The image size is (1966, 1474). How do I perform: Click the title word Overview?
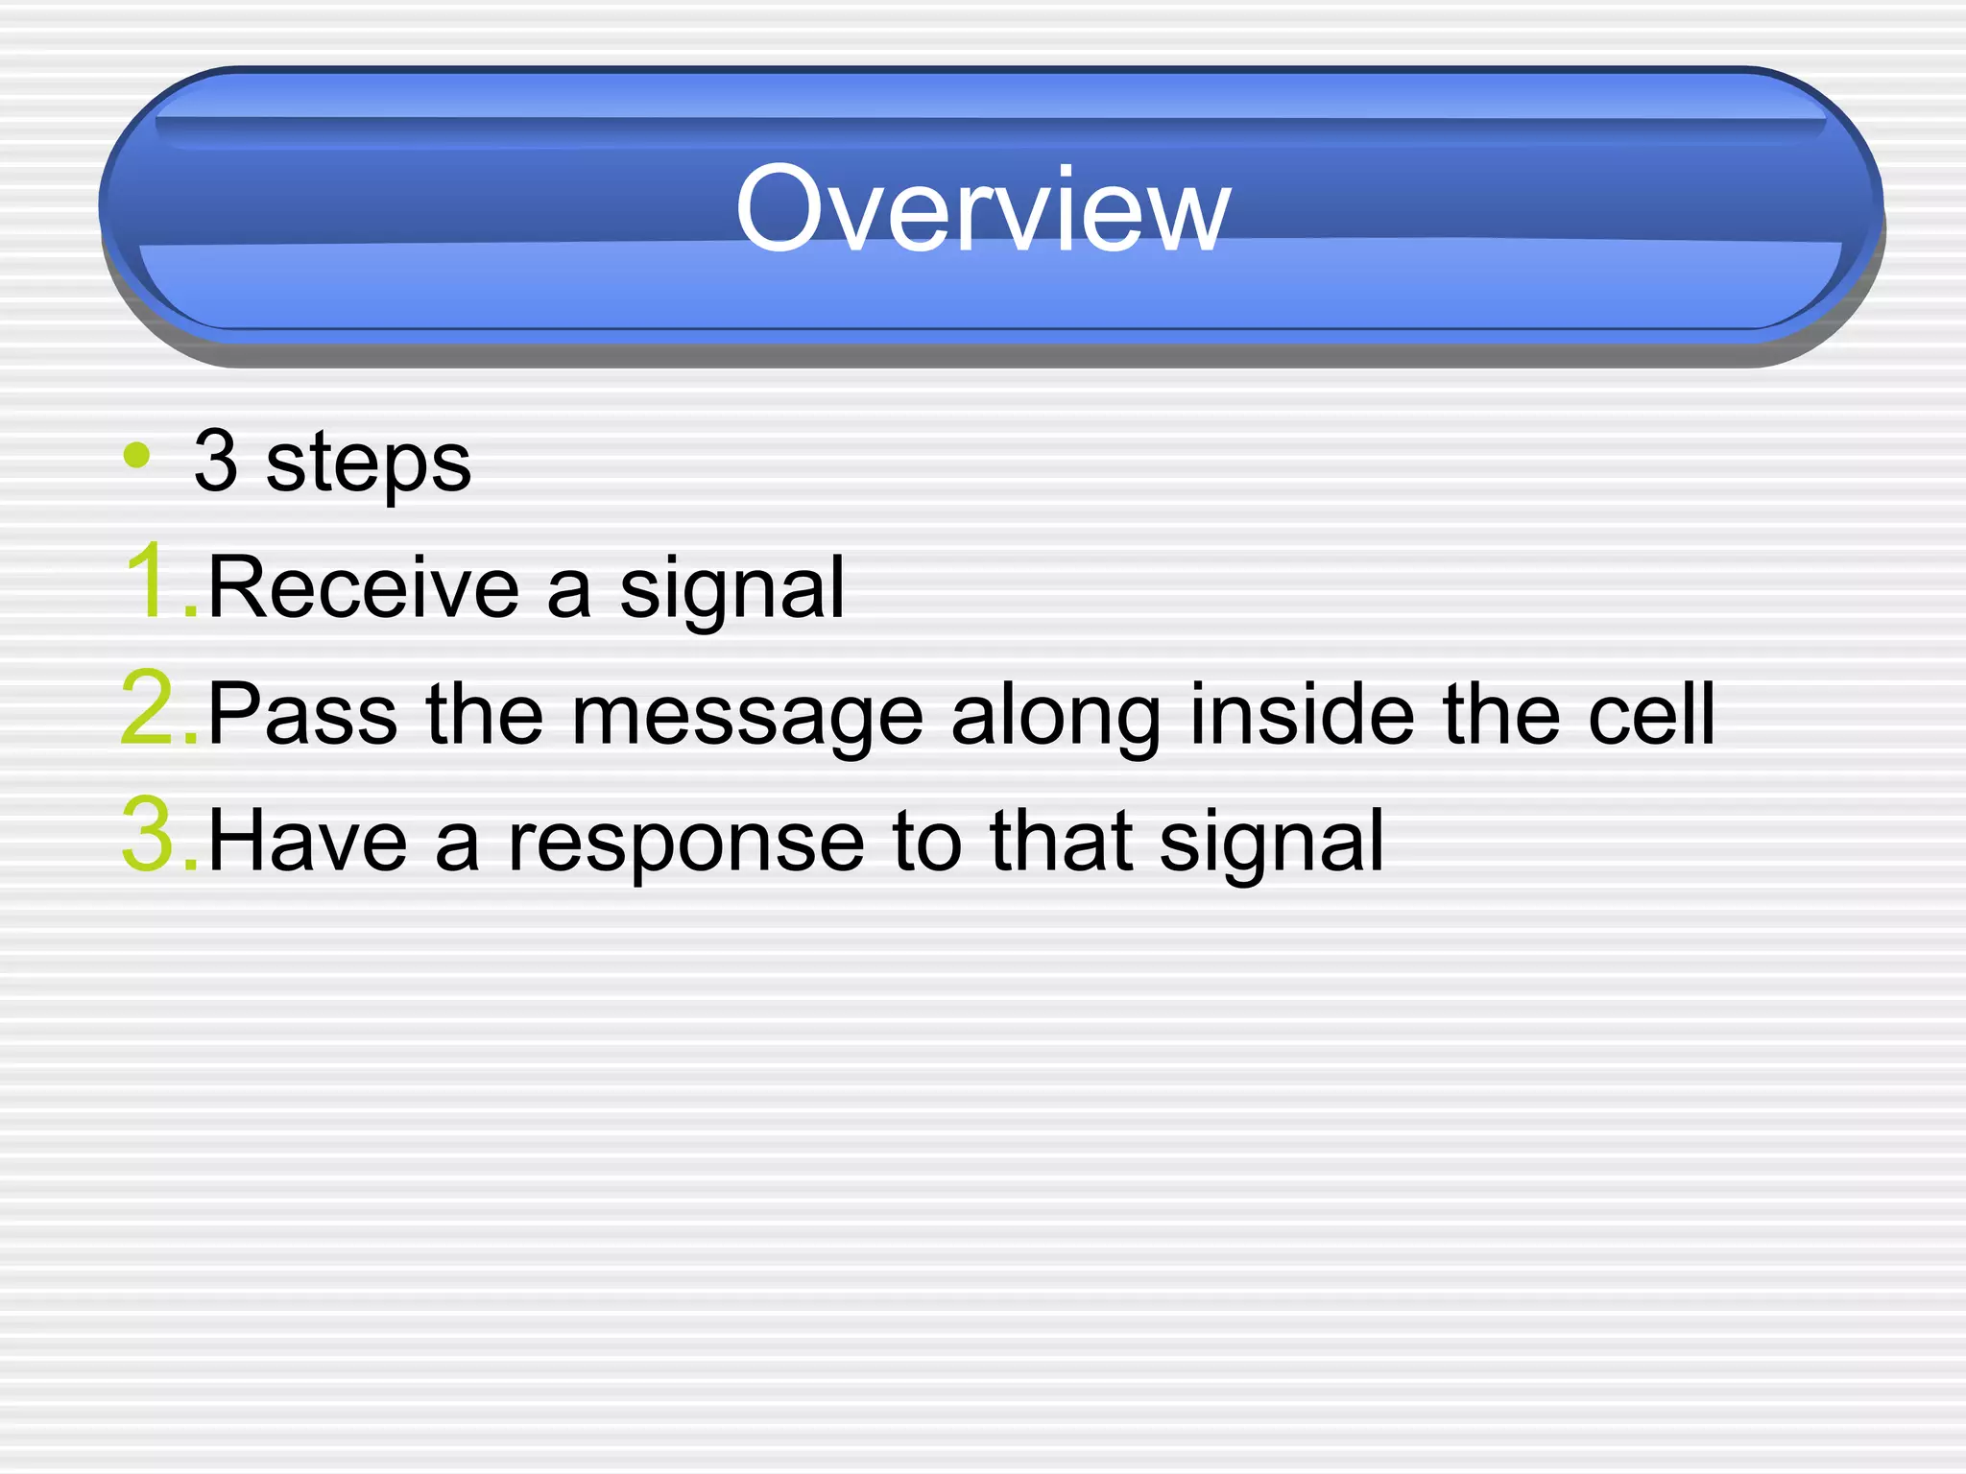coord(981,209)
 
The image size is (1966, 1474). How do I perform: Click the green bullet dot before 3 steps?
coord(137,455)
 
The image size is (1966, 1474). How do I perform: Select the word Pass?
coord(302,714)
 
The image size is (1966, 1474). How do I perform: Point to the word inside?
coord(1302,714)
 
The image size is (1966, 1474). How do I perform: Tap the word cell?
coord(1651,714)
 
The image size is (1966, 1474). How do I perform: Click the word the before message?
coord(485,714)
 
